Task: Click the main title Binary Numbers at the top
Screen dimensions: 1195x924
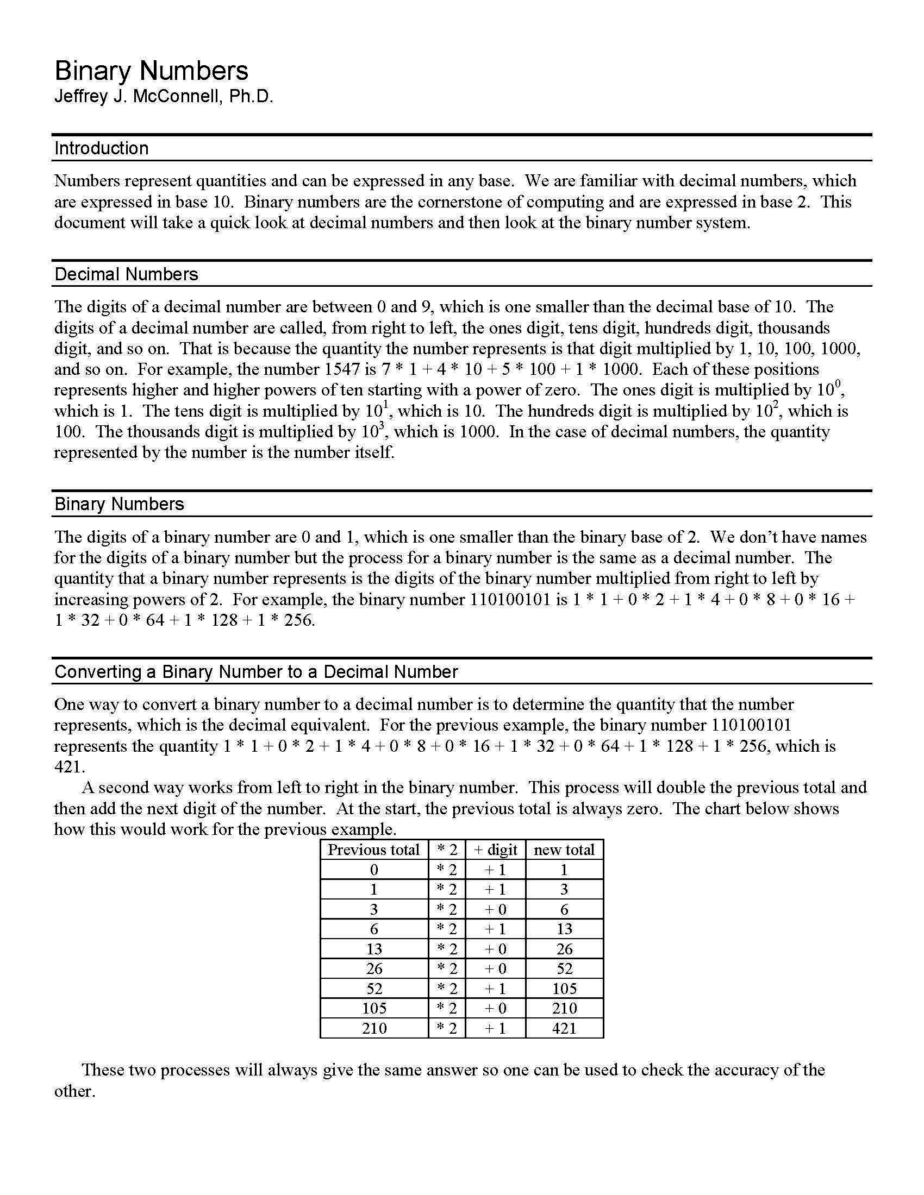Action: point(151,71)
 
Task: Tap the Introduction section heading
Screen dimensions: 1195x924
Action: point(101,148)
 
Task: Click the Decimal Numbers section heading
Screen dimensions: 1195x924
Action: point(126,274)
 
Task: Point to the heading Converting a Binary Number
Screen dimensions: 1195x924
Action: point(255,672)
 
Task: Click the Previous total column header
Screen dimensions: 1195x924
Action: point(373,850)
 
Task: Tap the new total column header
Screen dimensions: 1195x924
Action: point(564,850)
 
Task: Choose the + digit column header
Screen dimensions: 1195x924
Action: point(495,850)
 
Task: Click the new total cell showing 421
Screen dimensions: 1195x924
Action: point(564,1028)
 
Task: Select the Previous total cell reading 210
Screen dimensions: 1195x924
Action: point(374,1028)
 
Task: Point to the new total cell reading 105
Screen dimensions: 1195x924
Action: point(564,989)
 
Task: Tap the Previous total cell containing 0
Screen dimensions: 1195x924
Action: point(374,870)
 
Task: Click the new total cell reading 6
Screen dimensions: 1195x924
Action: point(564,909)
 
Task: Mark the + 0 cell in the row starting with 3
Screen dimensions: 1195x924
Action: point(495,909)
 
